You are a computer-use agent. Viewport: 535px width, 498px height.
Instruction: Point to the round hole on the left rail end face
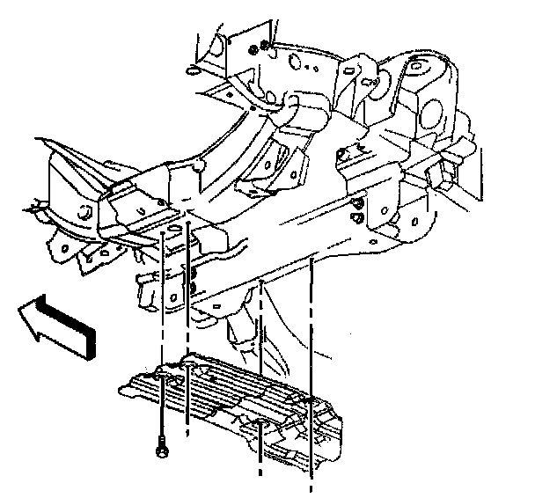85,211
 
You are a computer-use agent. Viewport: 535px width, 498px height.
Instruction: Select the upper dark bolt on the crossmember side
356,203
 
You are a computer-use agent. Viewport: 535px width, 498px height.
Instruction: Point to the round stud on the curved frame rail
201,165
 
